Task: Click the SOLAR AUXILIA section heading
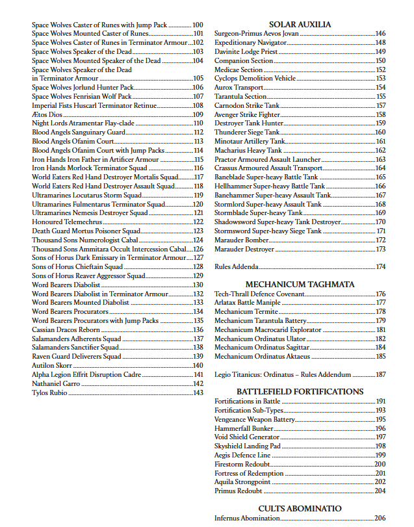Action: click(300, 25)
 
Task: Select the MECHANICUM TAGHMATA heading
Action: click(300, 284)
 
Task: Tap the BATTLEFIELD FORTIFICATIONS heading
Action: click(300, 392)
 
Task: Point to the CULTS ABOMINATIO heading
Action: click(300, 508)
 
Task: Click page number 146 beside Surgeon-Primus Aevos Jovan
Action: click(380, 33)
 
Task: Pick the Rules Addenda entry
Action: click(236, 266)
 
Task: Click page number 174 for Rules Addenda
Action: click(380, 266)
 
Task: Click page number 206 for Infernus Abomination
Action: click(380, 518)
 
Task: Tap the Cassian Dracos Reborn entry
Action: click(66, 329)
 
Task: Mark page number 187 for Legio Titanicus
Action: click(380, 374)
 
